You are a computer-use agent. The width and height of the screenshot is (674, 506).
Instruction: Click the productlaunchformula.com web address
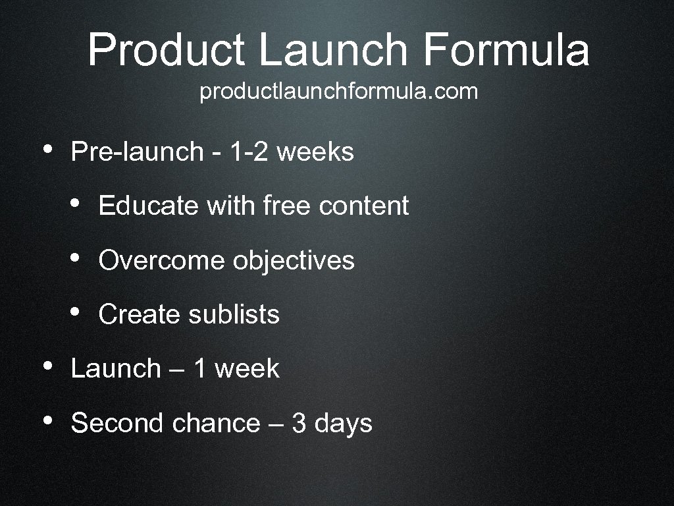(x=339, y=92)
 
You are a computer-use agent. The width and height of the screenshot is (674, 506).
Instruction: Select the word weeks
(x=315, y=152)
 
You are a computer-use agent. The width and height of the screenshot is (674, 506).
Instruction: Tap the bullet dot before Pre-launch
(x=47, y=150)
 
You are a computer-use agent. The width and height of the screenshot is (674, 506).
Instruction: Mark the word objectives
(x=294, y=262)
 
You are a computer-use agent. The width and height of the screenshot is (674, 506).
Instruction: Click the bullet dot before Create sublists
(x=76, y=312)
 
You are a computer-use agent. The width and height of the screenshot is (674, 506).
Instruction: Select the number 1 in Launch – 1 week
(x=199, y=368)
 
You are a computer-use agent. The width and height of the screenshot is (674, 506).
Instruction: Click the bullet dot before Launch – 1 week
(x=47, y=366)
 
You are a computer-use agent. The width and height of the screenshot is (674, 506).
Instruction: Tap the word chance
(x=216, y=422)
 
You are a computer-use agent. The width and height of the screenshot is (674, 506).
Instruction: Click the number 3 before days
(x=299, y=423)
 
